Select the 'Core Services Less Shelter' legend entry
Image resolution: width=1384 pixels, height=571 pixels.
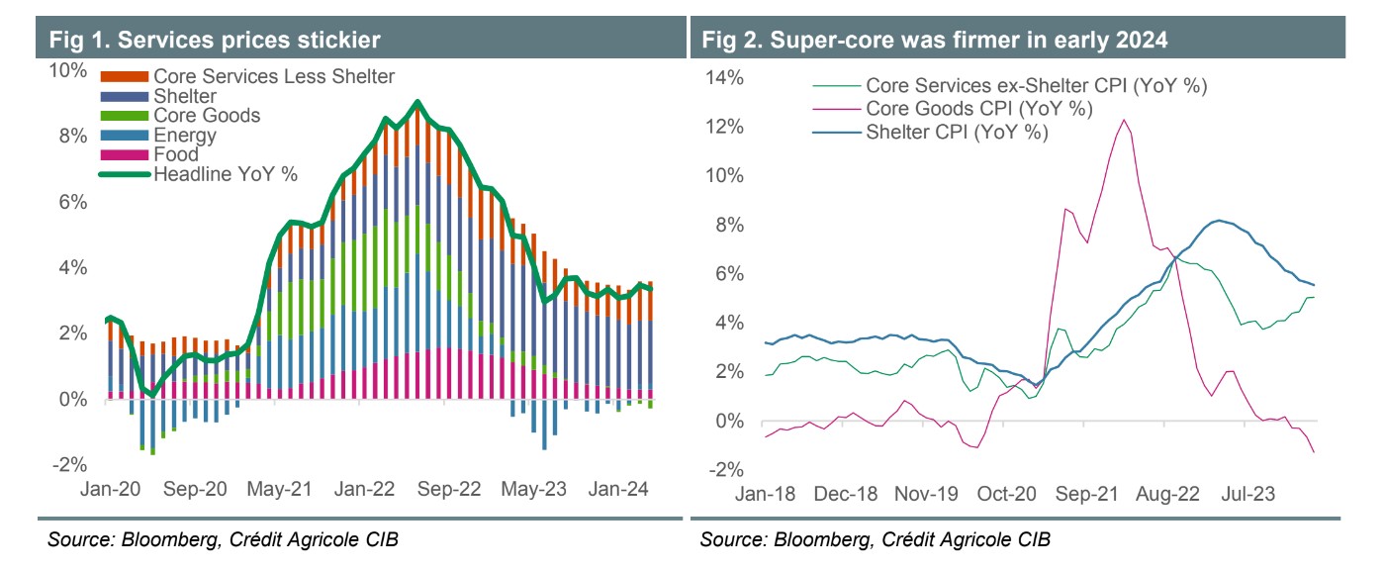tap(273, 76)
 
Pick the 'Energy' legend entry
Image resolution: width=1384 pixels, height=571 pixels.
tap(185, 136)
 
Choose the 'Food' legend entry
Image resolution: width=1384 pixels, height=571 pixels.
tap(175, 154)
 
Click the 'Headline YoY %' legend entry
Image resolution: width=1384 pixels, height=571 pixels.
tap(225, 174)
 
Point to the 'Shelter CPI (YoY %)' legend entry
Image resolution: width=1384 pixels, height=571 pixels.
tap(956, 133)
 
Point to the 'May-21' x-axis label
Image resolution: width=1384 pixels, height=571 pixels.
tap(281, 489)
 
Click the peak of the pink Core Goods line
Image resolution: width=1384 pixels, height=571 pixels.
tap(1125, 120)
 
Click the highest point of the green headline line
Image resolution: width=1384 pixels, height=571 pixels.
tap(418, 101)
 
